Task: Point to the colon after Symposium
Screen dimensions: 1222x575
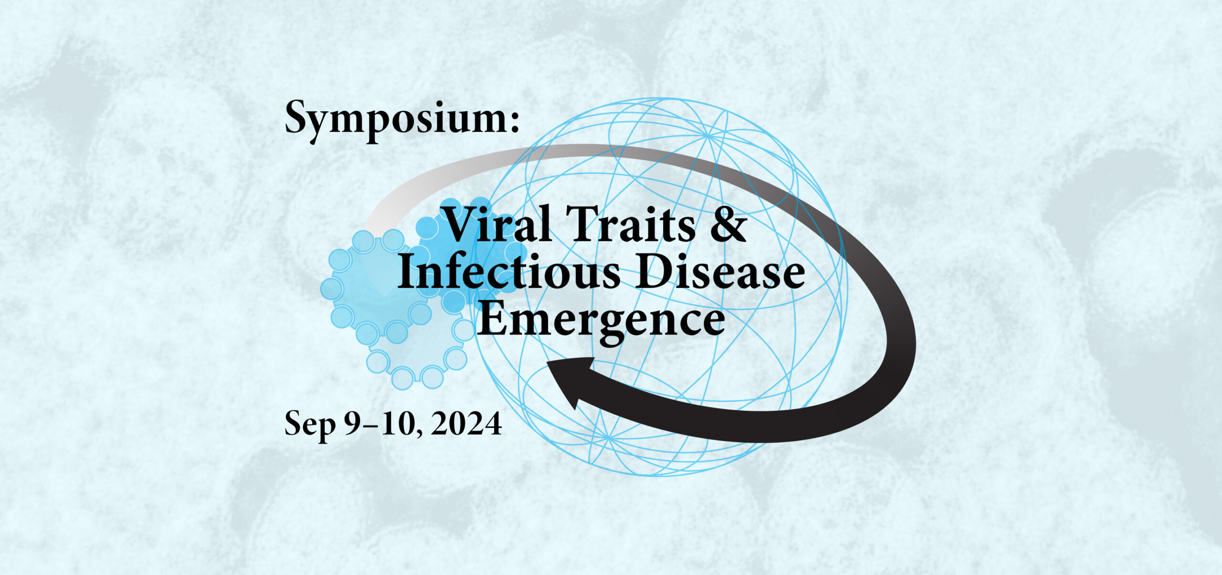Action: tap(514, 123)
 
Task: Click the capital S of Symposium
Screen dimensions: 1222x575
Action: tap(296, 117)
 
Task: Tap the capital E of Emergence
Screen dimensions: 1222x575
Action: tap(492, 317)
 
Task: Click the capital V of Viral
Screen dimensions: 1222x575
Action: tap(459, 223)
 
